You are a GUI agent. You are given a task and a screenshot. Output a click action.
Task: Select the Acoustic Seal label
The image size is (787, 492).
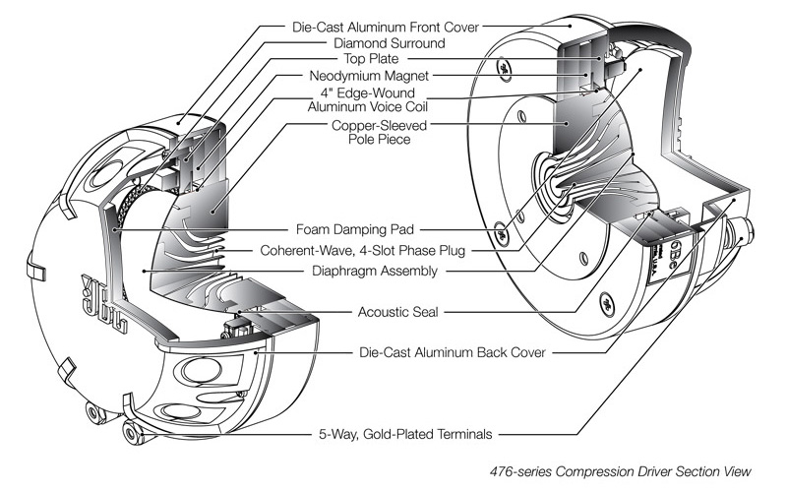coord(391,312)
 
